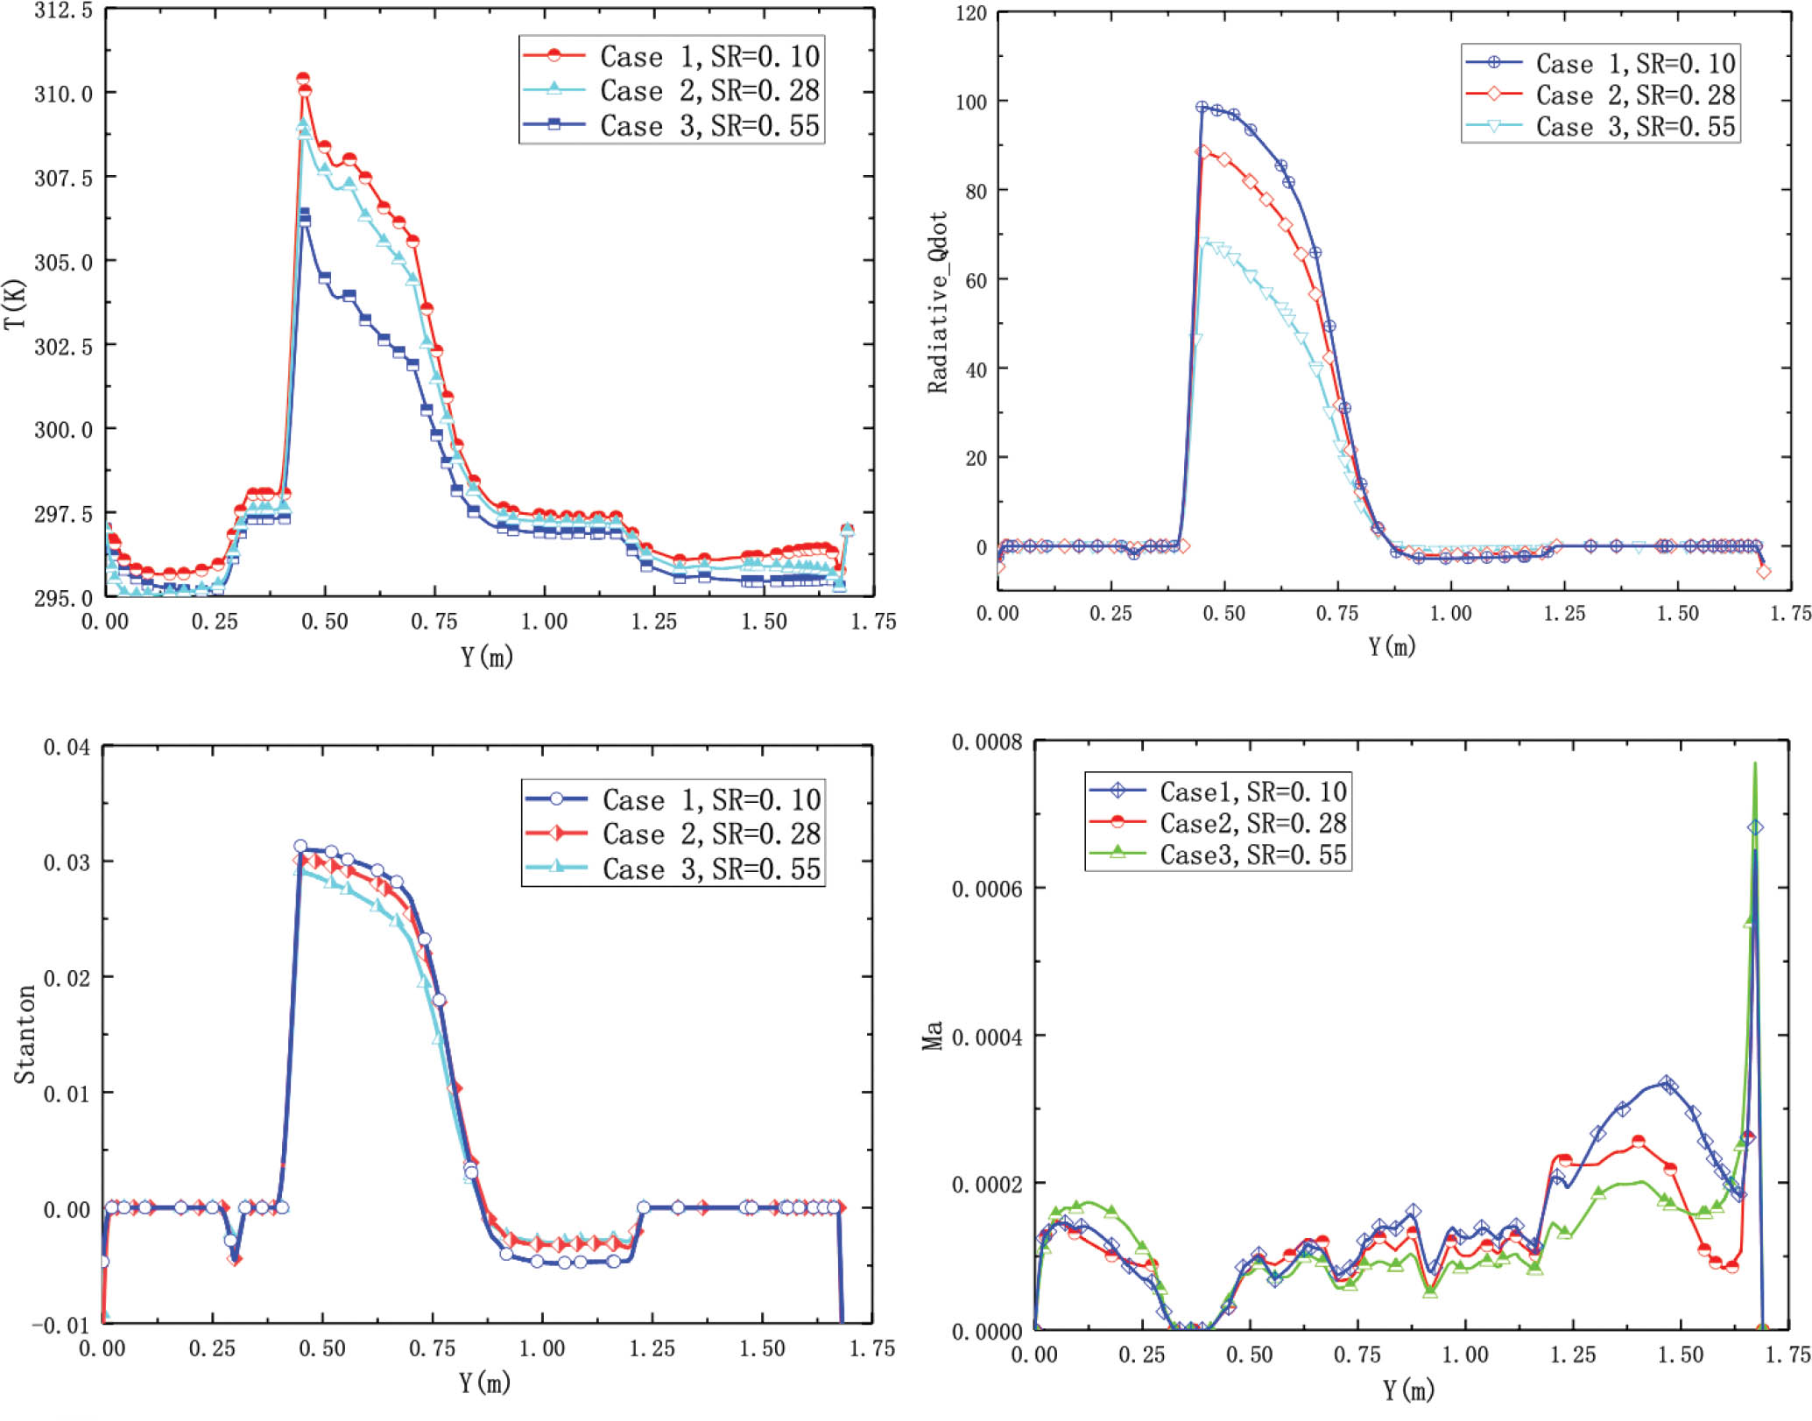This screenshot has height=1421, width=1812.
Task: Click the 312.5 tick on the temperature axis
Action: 63,11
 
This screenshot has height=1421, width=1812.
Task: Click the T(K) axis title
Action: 15,304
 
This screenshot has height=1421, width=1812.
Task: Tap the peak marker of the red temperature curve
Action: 303,79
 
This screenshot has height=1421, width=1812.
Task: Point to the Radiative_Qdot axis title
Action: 938,302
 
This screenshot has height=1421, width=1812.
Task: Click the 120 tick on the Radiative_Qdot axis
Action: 971,14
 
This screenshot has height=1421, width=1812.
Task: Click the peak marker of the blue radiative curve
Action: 1202,107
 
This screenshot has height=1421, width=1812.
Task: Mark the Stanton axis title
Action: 25,1034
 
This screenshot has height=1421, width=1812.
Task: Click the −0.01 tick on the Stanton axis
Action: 60,1324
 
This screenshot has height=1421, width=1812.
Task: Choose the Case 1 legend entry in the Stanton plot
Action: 673,799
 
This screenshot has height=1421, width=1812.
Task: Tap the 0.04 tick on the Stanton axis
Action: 67,747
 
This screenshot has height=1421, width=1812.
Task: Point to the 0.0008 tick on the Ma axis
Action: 987,742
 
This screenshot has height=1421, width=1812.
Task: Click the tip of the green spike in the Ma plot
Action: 1754,763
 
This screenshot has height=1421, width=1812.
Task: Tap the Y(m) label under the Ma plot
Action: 1408,1389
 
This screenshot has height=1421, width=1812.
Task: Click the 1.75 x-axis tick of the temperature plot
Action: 873,622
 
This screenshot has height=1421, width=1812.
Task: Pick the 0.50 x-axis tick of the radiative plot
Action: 1223,614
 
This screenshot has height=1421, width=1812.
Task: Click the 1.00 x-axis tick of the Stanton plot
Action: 542,1348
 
